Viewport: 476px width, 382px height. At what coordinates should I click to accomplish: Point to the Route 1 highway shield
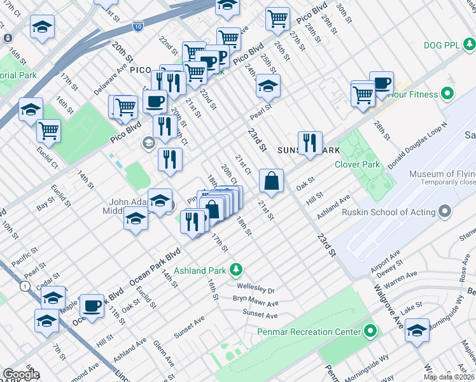(x=24, y=287)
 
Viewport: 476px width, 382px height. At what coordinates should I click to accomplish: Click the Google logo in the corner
(x=21, y=374)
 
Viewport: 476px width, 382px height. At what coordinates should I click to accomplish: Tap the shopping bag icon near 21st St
(x=272, y=180)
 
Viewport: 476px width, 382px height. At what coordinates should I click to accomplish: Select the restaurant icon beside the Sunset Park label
(x=310, y=143)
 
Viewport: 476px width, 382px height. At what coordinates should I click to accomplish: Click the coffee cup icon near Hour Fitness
(x=381, y=83)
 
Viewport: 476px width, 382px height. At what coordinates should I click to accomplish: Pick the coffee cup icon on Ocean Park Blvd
(x=94, y=306)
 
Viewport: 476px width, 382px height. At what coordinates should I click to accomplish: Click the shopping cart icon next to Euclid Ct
(x=48, y=131)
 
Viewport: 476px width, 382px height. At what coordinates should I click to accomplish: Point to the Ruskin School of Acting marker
(x=444, y=211)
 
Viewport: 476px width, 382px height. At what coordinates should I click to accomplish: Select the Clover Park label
(x=358, y=164)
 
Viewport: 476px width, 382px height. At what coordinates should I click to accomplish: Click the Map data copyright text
(x=449, y=377)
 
